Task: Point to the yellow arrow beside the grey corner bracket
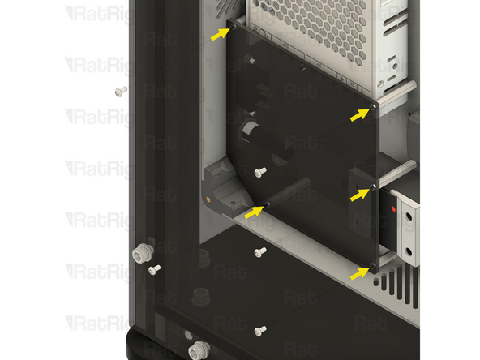(254, 212)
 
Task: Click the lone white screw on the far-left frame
(121, 91)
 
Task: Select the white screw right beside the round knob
(155, 268)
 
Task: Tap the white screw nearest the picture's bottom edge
(259, 330)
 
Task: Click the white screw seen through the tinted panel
(260, 172)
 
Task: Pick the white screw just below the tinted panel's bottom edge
(260, 253)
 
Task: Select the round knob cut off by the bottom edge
(196, 351)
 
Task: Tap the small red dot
(393, 208)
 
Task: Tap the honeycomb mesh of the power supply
(324, 24)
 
